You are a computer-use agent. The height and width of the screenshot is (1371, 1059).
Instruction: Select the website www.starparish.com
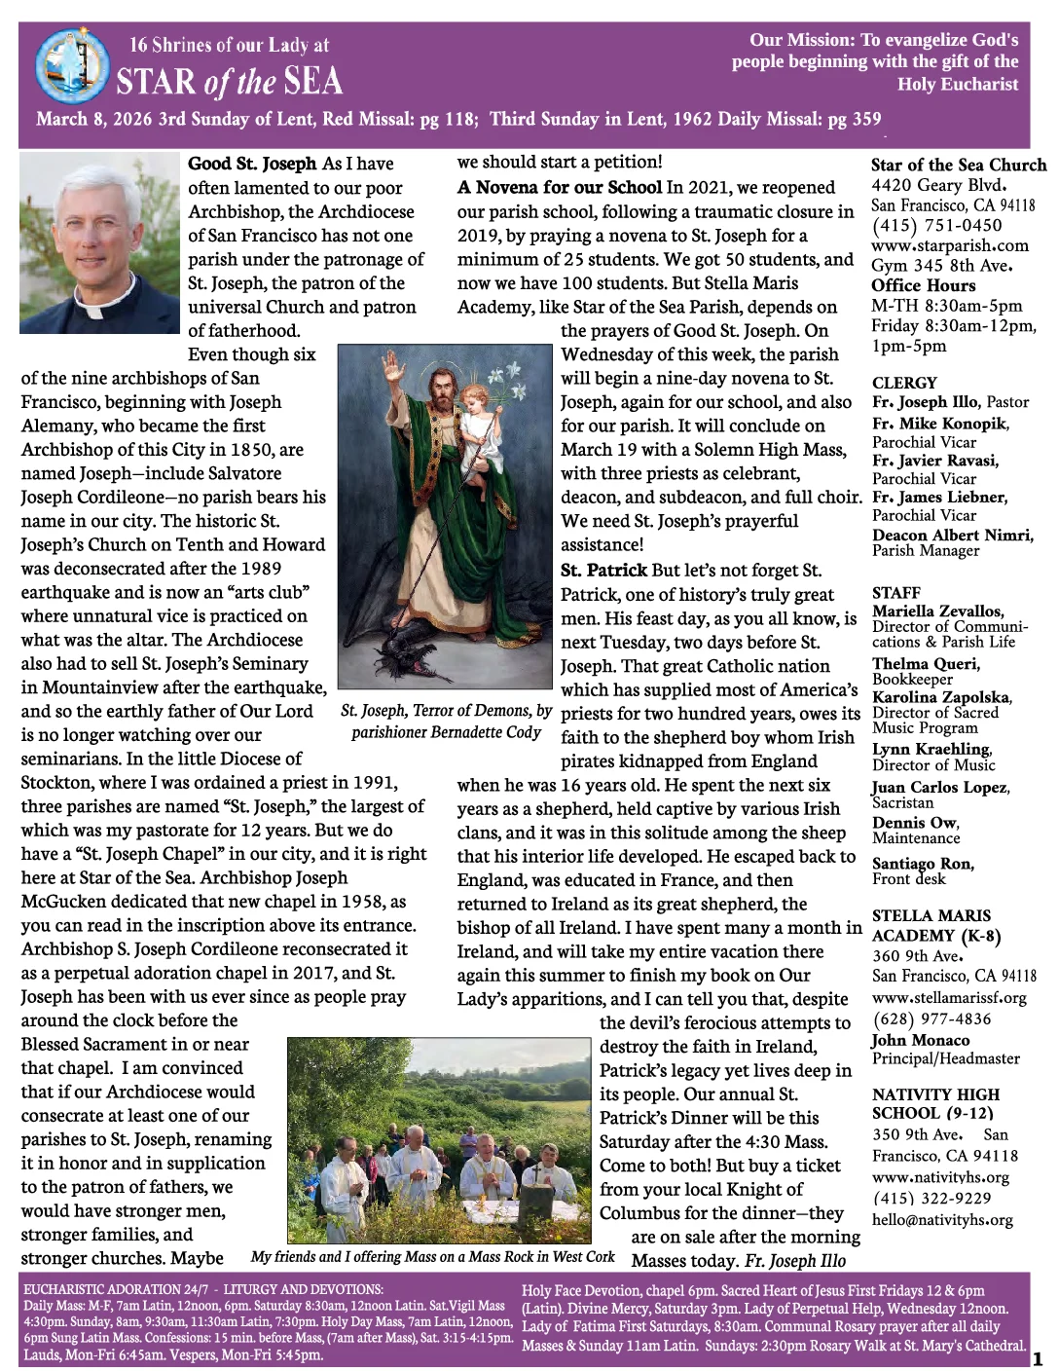pyautogui.click(x=950, y=245)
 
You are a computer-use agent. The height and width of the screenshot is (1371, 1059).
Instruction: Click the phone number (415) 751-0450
pyautogui.click(x=936, y=226)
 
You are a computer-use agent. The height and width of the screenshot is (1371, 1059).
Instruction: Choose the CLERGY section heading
pyautogui.click(x=904, y=383)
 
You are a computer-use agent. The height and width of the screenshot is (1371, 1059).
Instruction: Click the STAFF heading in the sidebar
pyautogui.click(x=896, y=592)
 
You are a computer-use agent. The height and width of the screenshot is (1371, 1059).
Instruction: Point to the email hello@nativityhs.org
pyautogui.click(x=942, y=1220)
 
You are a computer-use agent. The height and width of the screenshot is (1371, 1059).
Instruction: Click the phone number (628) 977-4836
pyautogui.click(x=931, y=1019)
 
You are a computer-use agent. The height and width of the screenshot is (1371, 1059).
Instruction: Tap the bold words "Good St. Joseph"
pyautogui.click(x=252, y=164)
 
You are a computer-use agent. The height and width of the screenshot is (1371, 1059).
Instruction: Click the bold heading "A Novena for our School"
pyautogui.click(x=560, y=187)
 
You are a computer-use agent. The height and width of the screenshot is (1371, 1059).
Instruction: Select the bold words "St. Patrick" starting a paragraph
pyautogui.click(x=603, y=571)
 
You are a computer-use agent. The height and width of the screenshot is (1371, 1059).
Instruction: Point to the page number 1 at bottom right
pyautogui.click(x=1038, y=1357)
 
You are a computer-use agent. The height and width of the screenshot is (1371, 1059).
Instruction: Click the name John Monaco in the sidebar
pyautogui.click(x=920, y=1040)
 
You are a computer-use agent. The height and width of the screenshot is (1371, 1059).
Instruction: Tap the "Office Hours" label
pyautogui.click(x=923, y=285)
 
